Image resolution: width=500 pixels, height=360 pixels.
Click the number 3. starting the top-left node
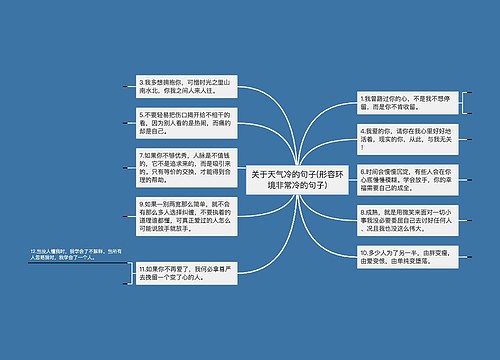142,79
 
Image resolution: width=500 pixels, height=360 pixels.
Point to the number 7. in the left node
142,154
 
